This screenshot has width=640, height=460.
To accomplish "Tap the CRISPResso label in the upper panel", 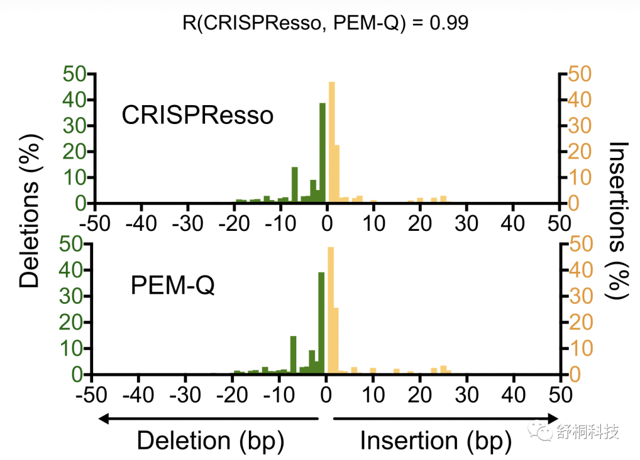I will click(x=197, y=115).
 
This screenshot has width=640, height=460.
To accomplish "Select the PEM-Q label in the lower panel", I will click(x=172, y=287).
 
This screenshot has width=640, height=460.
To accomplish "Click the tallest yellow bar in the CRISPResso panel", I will click(x=332, y=142).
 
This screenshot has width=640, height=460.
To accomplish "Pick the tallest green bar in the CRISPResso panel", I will click(x=322, y=153).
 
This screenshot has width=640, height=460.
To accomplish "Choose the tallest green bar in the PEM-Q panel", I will click(x=321, y=323).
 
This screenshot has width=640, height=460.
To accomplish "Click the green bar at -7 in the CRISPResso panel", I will click(x=295, y=185).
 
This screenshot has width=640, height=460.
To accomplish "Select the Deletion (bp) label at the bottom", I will click(x=210, y=441).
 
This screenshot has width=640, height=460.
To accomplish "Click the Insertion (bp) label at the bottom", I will click(x=436, y=441).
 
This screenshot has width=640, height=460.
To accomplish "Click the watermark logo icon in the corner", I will click(x=540, y=430).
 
